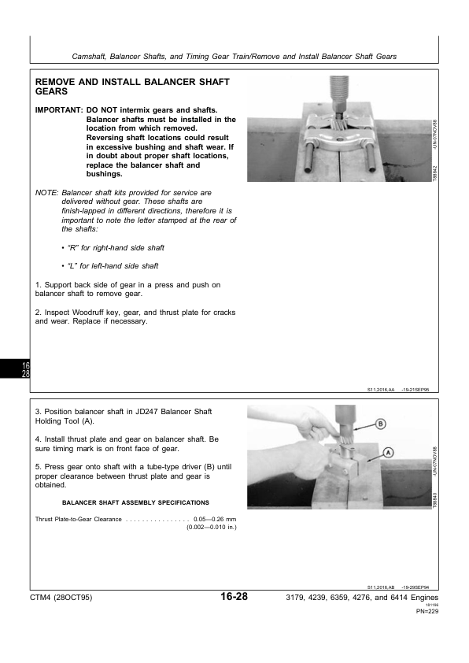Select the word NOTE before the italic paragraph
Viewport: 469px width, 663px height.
pyautogui.click(x=46, y=193)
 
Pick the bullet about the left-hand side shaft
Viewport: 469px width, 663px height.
pyautogui.click(x=109, y=266)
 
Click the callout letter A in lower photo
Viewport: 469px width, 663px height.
pyautogui.click(x=389, y=452)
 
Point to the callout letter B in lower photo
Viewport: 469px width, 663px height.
pyautogui.click(x=380, y=424)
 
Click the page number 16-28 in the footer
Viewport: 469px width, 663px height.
pyautogui.click(x=234, y=598)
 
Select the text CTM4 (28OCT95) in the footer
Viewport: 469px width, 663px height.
pyautogui.click(x=61, y=598)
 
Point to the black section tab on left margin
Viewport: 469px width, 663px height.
pyautogui.click(x=25, y=369)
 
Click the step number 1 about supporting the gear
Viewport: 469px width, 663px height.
pyautogui.click(x=39, y=284)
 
